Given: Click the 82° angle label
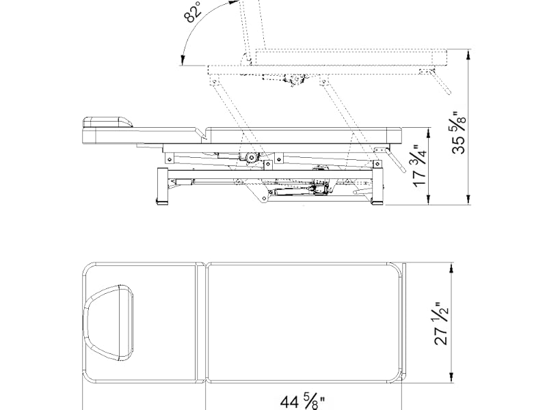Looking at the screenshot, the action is point(193,12).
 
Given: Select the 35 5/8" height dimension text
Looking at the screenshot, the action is point(459,133).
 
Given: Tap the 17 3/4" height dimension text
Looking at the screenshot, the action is point(420,166).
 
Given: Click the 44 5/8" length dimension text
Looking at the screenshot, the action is point(303,400).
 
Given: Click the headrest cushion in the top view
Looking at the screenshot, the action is point(108,322).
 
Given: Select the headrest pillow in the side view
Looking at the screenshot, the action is point(107,122).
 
